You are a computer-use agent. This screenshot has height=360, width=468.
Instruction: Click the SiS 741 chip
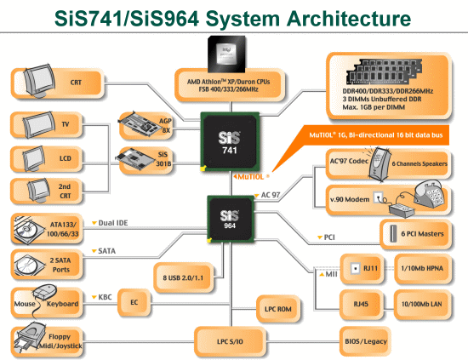pos(230,142)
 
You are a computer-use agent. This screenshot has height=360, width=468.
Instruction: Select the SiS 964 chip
pos(231,219)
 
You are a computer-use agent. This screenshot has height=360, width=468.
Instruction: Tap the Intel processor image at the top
pos(227,54)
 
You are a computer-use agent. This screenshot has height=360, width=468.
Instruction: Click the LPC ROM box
pos(278,309)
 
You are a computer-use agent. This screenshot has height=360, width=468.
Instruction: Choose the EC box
pos(134,302)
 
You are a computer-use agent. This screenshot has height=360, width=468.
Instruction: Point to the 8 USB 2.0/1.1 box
pos(184,277)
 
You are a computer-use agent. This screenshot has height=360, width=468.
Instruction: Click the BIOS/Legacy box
pos(365,341)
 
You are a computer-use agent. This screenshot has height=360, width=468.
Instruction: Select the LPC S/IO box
pos(230,341)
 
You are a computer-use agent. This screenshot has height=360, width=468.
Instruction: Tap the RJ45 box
pos(361,304)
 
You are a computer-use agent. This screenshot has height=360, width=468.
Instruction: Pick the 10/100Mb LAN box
pos(422,304)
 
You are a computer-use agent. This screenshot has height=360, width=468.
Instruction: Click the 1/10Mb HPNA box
pos(422,268)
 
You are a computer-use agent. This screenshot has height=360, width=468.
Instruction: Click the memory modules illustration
pos(384,71)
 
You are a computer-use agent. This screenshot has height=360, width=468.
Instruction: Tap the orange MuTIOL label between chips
pos(251,177)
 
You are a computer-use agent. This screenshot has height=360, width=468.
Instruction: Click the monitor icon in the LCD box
pos(33,159)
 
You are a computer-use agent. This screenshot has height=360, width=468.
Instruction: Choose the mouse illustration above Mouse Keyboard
pos(45,290)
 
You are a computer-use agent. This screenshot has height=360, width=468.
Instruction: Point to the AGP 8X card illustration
pos(139,123)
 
